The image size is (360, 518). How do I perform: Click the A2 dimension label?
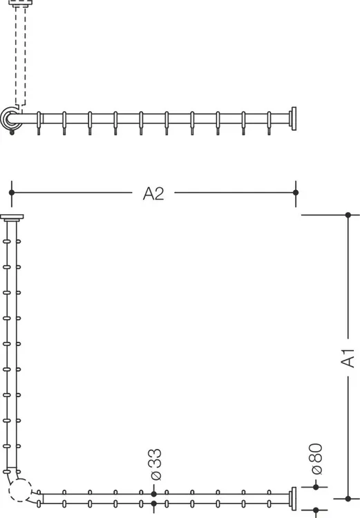pyautogui.click(x=153, y=193)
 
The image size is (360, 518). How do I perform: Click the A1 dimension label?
pyautogui.click(x=348, y=358)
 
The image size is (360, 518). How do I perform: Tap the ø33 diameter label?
pyautogui.click(x=155, y=464)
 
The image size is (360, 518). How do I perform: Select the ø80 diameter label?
pyautogui.click(x=316, y=459)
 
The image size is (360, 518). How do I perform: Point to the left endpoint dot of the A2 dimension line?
pyautogui.click(x=12, y=193)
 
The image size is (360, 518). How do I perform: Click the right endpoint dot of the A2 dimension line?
pyautogui.click(x=296, y=193)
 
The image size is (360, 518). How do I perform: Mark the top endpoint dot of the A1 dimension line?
pyautogui.click(x=348, y=215)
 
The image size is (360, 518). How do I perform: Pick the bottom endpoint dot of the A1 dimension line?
pyautogui.click(x=348, y=499)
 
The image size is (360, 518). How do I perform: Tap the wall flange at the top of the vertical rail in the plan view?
pyautogui.click(x=12, y=218)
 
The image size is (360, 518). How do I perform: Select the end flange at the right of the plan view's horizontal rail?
pyautogui.click(x=293, y=499)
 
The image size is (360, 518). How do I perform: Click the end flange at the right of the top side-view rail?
pyautogui.click(x=293, y=119)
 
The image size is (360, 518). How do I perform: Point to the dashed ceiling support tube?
pyautogui.click(x=21, y=55)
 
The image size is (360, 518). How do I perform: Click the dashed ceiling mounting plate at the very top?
pyautogui.click(x=21, y=3)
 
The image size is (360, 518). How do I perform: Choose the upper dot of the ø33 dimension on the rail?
pyautogui.click(x=153, y=495)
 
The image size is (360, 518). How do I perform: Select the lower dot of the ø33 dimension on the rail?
pyautogui.click(x=153, y=503)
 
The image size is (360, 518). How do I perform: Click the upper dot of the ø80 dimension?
pyautogui.click(x=316, y=487)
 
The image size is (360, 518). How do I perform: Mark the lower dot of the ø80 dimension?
pyautogui.click(x=316, y=510)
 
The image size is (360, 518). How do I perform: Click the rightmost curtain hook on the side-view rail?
pyautogui.click(x=269, y=123)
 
